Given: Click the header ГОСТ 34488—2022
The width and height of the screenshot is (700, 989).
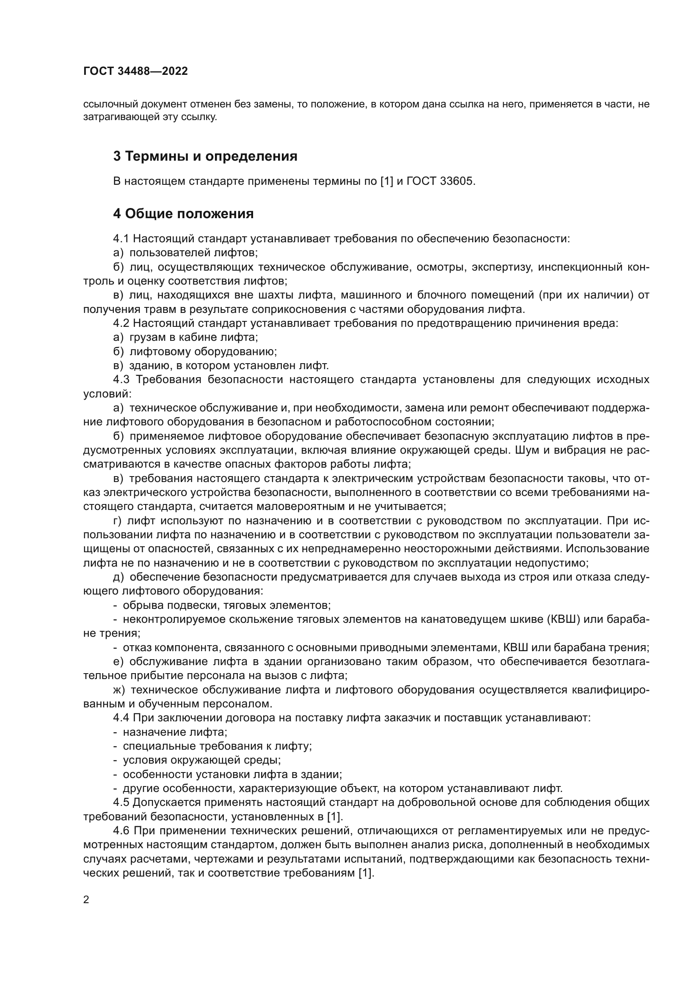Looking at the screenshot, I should (x=135, y=71).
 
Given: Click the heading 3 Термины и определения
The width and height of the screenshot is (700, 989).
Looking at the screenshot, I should (x=205, y=156).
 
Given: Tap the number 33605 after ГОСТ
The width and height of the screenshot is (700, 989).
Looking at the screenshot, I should (x=457, y=181).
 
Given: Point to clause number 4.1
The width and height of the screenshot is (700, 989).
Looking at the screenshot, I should (x=121, y=238).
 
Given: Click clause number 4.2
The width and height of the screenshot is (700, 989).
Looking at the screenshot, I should (x=121, y=323).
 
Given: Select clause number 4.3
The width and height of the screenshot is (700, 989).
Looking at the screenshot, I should (x=121, y=379).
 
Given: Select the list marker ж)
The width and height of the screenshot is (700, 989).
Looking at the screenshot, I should (x=119, y=690).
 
